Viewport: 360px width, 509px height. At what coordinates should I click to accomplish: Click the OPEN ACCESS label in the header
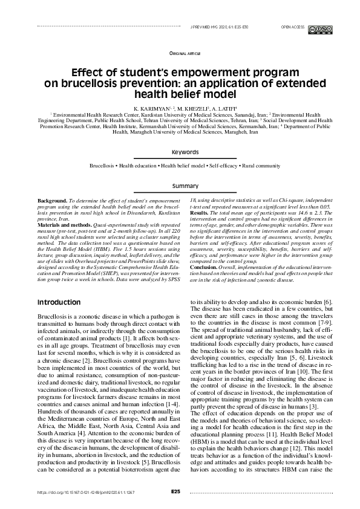293,28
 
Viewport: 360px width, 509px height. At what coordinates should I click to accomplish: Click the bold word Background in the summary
51,199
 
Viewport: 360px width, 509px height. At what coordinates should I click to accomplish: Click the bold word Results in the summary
199,212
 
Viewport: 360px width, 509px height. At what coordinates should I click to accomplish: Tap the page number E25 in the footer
175,492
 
